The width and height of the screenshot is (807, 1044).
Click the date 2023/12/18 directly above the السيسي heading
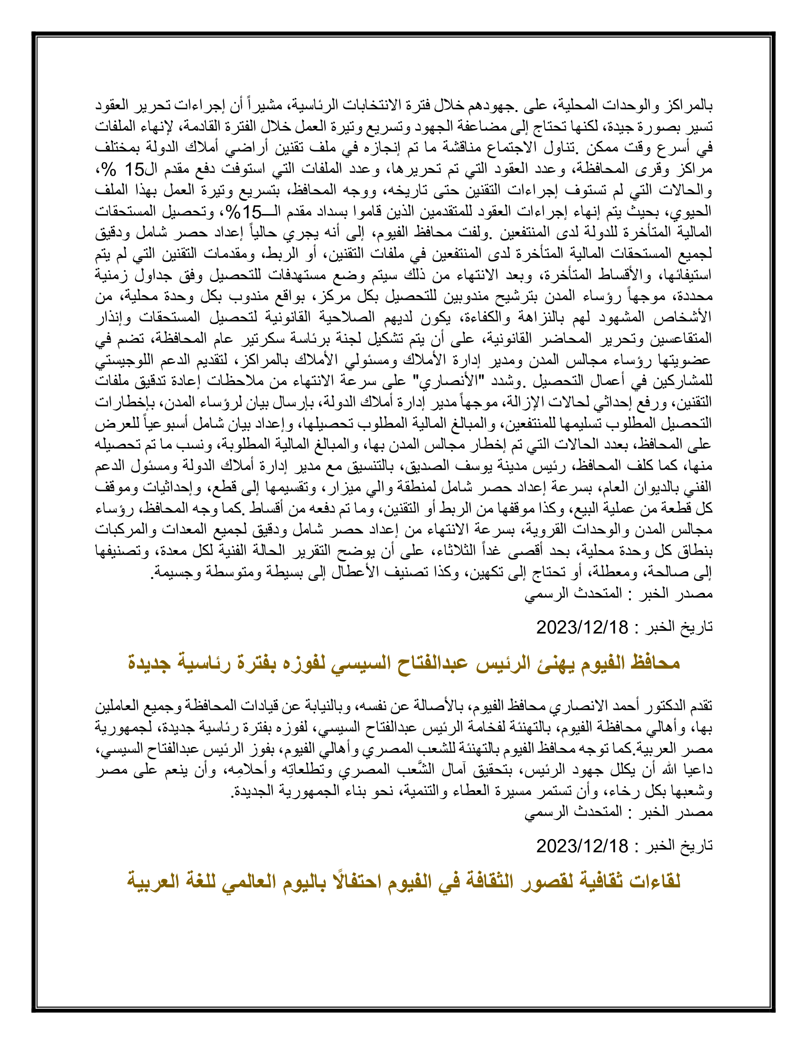(582, 627)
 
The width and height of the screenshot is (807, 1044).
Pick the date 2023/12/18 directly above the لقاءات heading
(582, 846)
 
